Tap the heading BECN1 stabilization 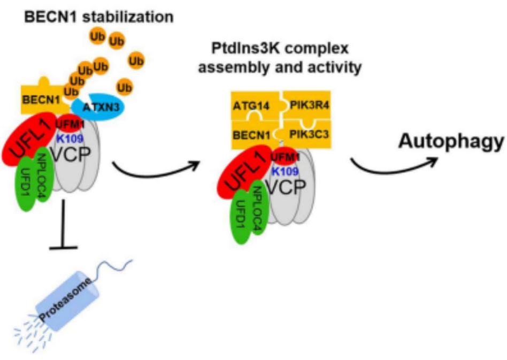[99, 17]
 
